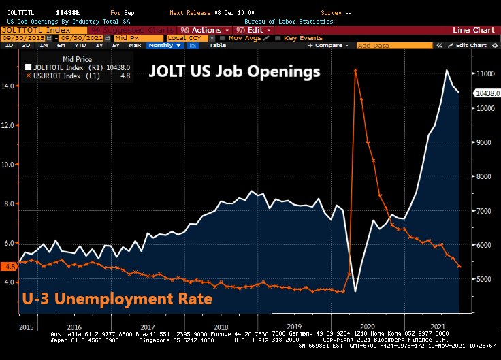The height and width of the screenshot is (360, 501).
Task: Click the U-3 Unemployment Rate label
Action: [117, 299]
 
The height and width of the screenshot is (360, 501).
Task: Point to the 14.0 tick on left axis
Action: [9, 86]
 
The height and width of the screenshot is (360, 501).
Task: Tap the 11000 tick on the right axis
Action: [485, 73]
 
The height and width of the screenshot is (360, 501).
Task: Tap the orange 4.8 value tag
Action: [10, 266]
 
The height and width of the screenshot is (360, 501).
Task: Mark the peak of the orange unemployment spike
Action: [355, 70]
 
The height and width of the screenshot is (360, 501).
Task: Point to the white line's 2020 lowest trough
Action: [355, 291]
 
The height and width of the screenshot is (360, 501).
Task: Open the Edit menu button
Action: [253, 30]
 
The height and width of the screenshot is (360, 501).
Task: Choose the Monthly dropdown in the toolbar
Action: [164, 45]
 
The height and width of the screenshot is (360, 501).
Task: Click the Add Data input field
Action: [393, 45]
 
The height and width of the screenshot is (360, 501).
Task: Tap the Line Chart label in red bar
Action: [474, 30]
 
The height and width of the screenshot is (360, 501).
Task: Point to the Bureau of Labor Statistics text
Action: [298, 21]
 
